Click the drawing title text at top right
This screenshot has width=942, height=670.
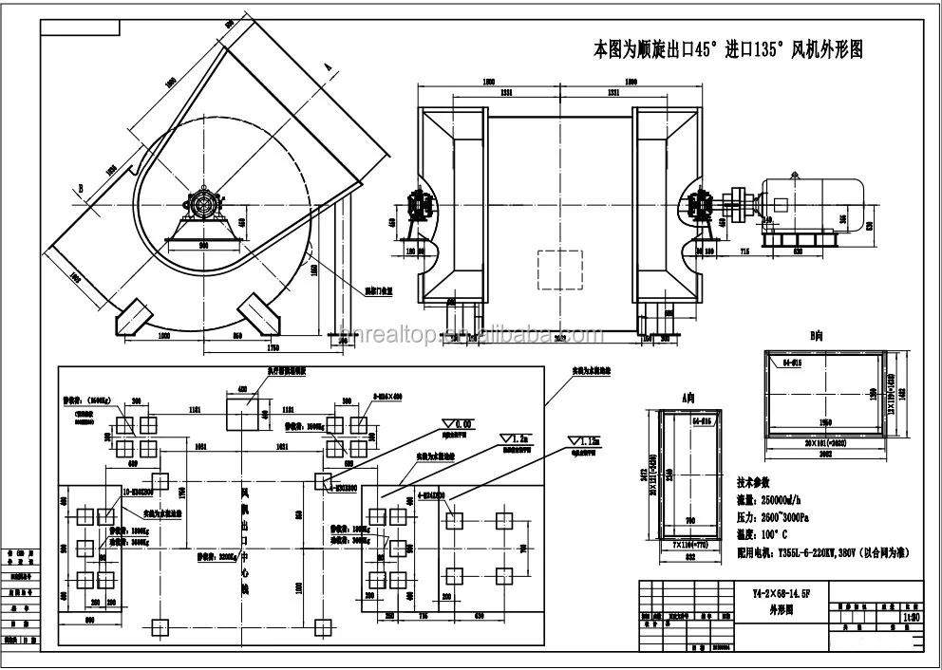pos(727,49)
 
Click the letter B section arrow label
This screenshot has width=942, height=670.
pos(83,190)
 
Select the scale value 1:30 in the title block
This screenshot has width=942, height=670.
pos(911,616)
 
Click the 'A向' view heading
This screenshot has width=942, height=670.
pos(689,400)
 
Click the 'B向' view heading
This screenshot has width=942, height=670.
pos(814,336)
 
